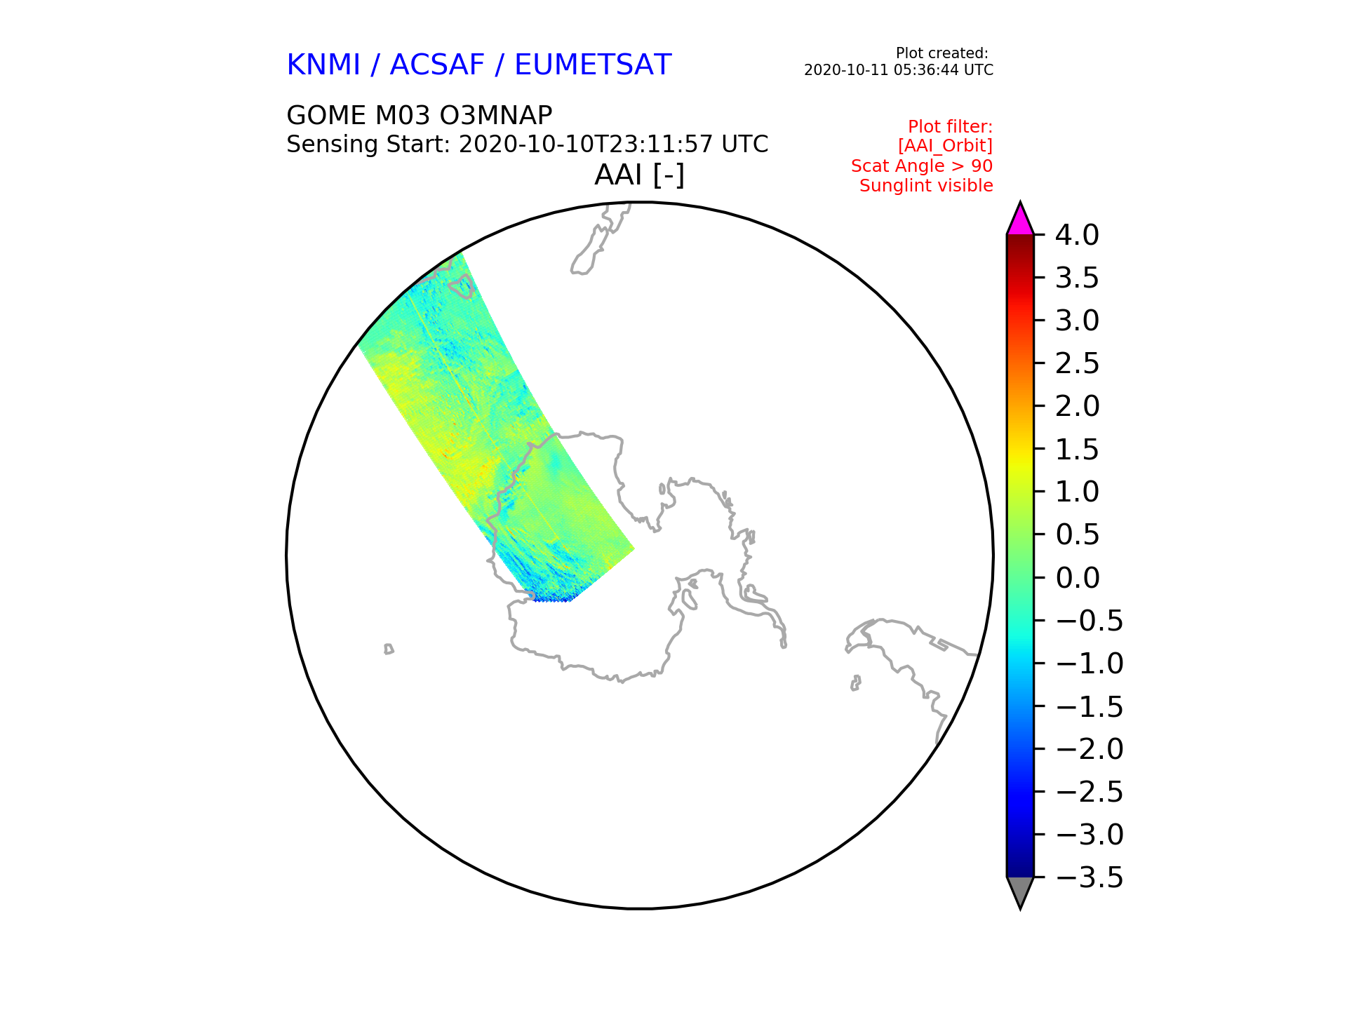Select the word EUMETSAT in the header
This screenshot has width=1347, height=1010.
593,65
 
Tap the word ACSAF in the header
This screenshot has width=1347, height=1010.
437,65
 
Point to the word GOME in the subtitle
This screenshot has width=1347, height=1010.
326,115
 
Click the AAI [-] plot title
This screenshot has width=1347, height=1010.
639,175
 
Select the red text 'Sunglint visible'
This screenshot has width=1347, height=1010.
926,186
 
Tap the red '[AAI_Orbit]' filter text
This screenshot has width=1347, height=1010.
945,146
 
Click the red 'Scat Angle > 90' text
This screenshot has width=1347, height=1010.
922,166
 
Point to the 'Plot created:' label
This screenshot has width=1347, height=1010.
942,53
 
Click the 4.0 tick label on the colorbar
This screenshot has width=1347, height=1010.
1077,235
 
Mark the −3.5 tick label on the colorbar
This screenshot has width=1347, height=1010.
1090,877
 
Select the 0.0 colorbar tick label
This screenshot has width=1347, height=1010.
1077,578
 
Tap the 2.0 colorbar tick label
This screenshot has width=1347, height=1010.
1077,406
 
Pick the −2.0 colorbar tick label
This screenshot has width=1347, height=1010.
1090,749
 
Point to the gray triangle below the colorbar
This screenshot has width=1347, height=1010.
1020,891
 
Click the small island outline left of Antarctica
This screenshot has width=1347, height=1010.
389,649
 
